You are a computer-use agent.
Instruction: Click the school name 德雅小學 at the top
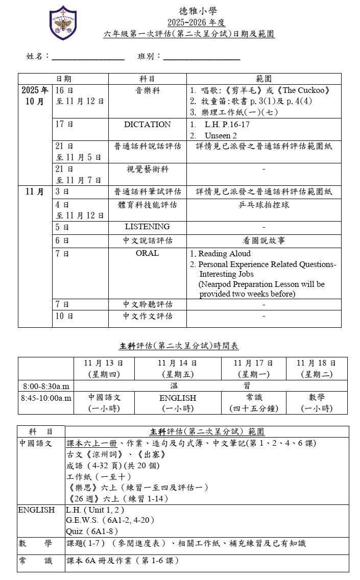[x=196, y=11]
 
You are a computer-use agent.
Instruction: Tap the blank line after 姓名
[x=88, y=57]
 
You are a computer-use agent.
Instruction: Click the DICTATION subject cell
[x=147, y=125]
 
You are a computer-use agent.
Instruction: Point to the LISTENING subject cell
[x=147, y=226]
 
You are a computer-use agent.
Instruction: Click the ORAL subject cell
[x=147, y=253]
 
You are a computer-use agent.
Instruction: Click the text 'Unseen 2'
[x=221, y=136]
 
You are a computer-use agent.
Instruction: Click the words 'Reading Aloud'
[x=224, y=254]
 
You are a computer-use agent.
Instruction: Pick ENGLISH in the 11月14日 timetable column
[x=177, y=398]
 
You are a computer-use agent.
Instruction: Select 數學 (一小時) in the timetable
[x=316, y=402]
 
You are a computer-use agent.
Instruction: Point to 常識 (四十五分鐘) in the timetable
[x=253, y=402]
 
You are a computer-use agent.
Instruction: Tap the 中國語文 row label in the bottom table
[x=36, y=443]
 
